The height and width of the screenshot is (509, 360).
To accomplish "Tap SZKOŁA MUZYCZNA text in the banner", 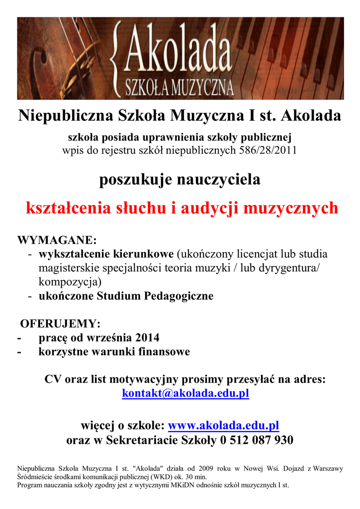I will (x=180, y=88).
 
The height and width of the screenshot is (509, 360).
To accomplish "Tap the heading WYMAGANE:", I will (x=57, y=240).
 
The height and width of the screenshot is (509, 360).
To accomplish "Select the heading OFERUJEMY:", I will (x=60, y=324).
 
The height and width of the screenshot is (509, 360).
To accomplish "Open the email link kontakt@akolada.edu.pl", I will (x=185, y=393).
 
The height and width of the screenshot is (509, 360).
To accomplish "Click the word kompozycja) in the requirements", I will (x=70, y=282).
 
